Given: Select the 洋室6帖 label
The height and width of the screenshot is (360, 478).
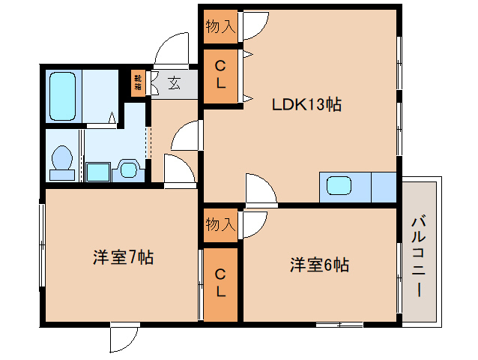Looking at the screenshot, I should click(x=319, y=265).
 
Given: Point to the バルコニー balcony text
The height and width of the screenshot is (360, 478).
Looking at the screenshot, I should click(x=419, y=256).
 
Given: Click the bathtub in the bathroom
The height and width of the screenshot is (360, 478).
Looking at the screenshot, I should click(x=64, y=96).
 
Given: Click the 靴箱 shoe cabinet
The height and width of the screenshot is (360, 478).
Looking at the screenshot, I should click(x=139, y=81).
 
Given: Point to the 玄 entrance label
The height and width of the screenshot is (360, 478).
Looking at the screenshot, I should click(x=175, y=82).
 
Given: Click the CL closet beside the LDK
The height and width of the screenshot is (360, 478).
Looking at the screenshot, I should click(x=220, y=76).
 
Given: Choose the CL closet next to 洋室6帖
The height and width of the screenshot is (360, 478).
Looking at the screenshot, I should click(x=221, y=283).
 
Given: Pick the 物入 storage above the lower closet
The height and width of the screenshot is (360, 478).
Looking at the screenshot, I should click(x=220, y=224).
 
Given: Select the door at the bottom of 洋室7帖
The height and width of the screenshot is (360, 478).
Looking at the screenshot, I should click(x=124, y=337).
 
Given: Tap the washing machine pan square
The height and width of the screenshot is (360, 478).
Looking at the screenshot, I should click(x=98, y=172).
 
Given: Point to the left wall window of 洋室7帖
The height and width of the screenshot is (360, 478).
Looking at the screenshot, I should click(x=42, y=250).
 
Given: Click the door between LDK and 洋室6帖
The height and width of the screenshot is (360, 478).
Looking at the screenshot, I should click(x=260, y=190).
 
